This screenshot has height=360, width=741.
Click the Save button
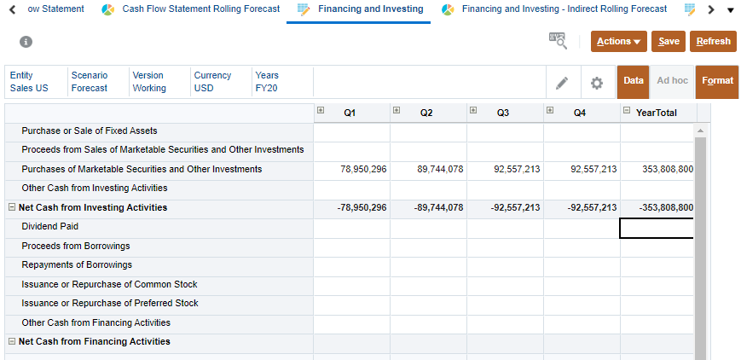669,41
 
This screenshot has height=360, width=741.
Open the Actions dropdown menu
618,41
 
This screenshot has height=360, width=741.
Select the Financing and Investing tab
370,9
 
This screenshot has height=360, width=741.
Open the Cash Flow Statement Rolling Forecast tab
200,9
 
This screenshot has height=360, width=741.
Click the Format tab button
717,81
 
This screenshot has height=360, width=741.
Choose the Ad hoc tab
672,81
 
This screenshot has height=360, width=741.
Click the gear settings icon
597,83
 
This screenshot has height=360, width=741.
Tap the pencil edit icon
562,83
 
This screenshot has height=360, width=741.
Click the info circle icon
26,42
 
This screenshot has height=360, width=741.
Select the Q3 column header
503,113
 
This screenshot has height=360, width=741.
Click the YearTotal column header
656,113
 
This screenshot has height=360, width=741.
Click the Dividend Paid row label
49,227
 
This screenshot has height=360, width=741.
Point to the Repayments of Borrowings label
77,265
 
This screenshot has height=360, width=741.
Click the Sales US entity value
29,89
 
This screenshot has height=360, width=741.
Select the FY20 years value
266,89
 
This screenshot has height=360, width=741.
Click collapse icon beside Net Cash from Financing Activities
12,342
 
